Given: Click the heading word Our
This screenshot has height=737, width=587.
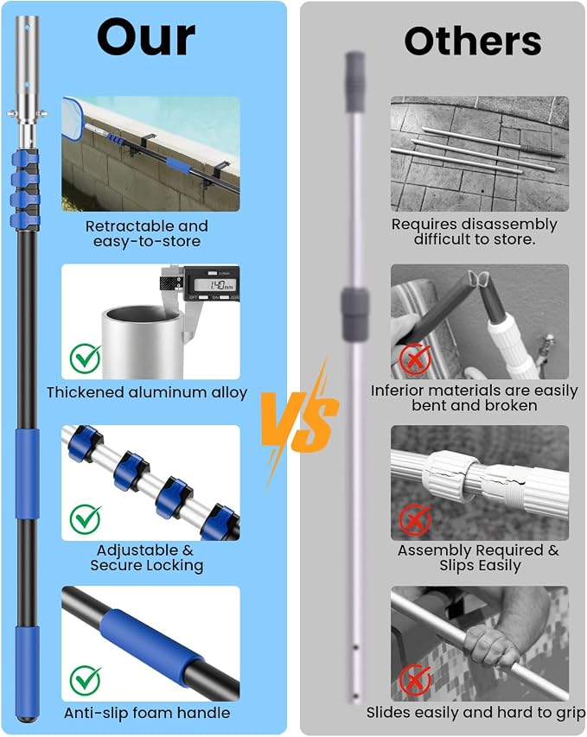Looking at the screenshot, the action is pyautogui.click(x=146, y=38).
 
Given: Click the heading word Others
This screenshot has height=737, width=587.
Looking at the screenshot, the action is pyautogui.click(x=473, y=41).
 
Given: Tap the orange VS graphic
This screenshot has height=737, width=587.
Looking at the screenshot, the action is pyautogui.click(x=300, y=421).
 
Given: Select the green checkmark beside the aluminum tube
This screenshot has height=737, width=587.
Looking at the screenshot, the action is pyautogui.click(x=86, y=359).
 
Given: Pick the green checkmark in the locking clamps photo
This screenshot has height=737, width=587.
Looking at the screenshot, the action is pyautogui.click(x=86, y=519).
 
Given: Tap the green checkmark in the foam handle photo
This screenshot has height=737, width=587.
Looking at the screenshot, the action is pyautogui.click(x=86, y=681).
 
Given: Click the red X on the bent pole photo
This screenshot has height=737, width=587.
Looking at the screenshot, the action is pyautogui.click(x=415, y=359).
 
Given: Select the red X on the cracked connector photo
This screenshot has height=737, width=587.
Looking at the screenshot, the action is pyautogui.click(x=415, y=519).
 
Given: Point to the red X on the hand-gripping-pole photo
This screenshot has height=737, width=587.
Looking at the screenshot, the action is pyautogui.click(x=415, y=681).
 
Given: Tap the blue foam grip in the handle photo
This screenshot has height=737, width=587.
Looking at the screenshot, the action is pyautogui.click(x=151, y=643).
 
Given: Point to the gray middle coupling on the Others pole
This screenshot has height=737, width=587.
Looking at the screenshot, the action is pyautogui.click(x=354, y=314).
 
